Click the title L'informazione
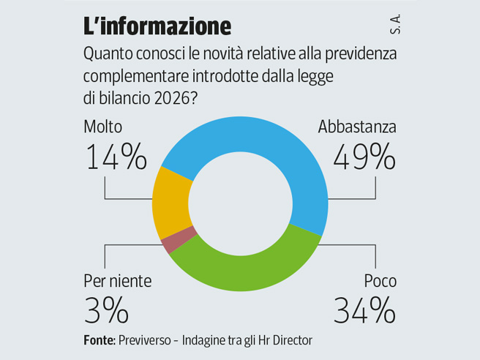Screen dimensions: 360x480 click(157, 26)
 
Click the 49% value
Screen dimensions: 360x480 click(364, 157)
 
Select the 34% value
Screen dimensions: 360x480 click(364, 310)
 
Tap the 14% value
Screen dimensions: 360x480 click(116, 157)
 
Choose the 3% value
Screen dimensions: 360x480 click(106, 310)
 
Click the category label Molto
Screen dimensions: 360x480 click(103, 127)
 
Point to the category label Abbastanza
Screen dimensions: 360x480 click(357, 127)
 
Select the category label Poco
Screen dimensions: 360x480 click(380, 281)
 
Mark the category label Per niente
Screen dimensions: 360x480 click(118, 281)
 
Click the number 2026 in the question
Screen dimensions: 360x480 click(171, 97)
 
